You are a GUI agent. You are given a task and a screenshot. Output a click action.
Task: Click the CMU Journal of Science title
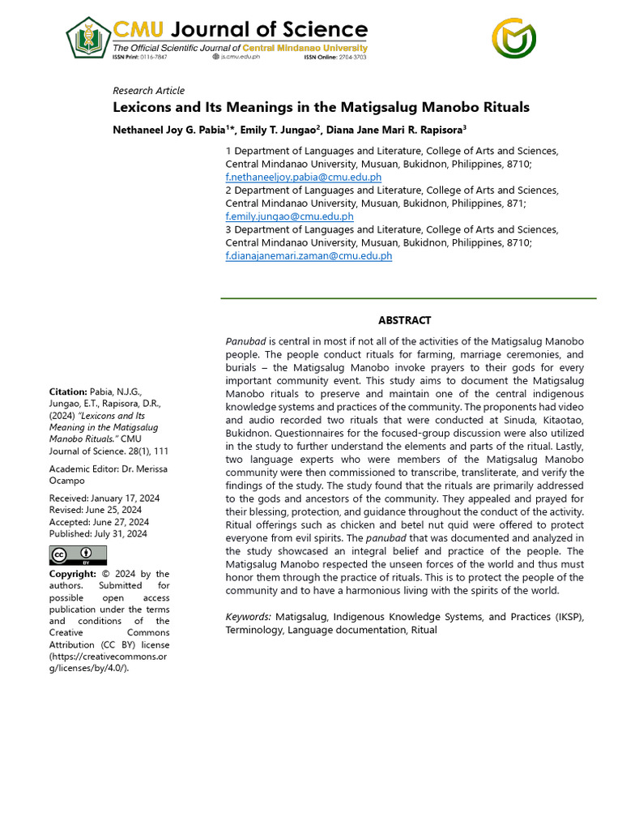239,31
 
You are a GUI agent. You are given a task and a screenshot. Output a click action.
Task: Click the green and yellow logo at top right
514,38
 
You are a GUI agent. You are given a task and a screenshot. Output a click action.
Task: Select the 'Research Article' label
148,91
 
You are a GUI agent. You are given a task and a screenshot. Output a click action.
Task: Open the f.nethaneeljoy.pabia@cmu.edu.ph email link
303,177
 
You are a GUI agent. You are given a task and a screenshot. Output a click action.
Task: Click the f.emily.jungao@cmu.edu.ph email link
289,216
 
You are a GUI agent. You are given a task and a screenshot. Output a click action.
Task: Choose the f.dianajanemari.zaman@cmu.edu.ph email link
309,255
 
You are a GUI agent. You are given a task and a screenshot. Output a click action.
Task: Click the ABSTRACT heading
405,321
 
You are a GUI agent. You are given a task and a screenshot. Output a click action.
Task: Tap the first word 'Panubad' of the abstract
245,341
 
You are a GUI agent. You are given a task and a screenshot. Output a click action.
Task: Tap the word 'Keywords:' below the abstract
248,617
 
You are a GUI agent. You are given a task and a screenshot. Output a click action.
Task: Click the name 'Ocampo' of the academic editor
69,481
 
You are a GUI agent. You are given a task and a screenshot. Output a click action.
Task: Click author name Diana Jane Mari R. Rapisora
397,129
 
